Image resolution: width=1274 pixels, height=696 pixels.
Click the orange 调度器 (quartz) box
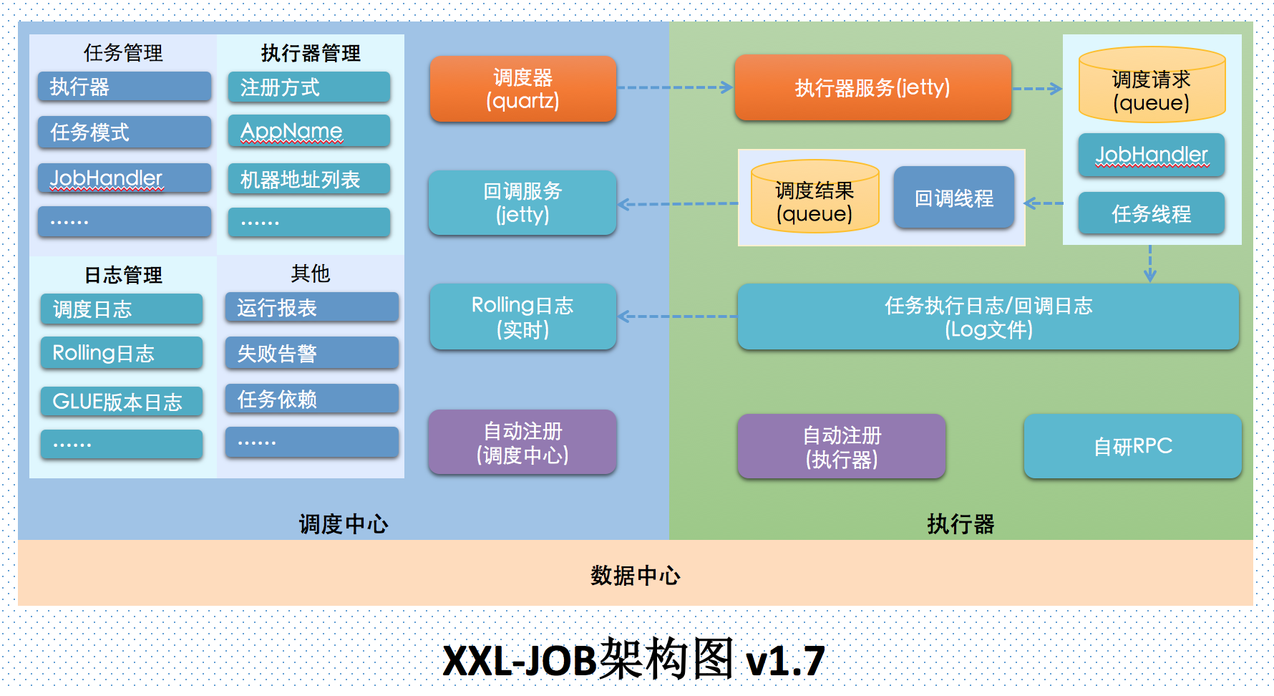[522, 89]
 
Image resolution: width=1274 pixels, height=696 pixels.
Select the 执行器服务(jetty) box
[872, 87]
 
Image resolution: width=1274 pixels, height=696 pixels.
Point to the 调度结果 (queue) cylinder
[815, 198]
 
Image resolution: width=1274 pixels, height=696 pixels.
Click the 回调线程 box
[953, 198]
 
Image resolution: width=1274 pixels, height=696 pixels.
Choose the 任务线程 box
[1151, 213]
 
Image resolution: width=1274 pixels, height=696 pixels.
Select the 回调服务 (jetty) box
[522, 203]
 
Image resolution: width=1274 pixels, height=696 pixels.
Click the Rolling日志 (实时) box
[522, 316]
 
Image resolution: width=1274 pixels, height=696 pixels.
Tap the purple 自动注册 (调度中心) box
[522, 443]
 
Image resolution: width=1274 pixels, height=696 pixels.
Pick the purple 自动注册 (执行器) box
[842, 447]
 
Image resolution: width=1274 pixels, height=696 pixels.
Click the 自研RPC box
[1132, 446]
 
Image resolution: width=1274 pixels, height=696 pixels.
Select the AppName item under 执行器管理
[309, 131]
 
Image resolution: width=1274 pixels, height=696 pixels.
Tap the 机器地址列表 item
[309, 179]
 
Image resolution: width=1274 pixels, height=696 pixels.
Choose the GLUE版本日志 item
[122, 402]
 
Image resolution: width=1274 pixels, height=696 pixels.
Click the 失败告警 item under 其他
[311, 353]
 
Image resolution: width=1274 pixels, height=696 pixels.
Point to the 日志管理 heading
[123, 275]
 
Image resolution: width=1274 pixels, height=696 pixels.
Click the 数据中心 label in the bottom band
[635, 575]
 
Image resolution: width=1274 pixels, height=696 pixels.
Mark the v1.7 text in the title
[785, 661]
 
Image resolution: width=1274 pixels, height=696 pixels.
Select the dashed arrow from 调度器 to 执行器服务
[675, 87]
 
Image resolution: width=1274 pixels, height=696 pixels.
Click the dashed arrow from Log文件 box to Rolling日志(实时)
[676, 316]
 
